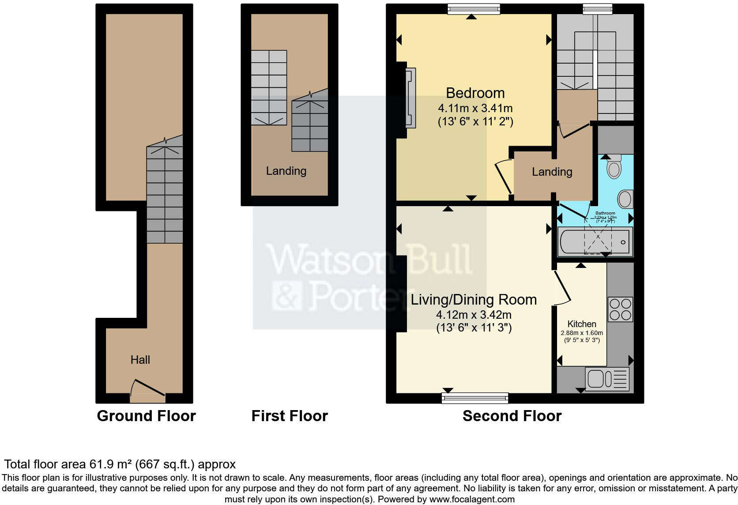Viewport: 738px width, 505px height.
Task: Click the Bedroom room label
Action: click(x=475, y=93)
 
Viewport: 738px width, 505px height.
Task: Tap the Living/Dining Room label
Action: click(x=474, y=300)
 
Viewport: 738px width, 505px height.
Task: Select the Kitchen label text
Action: click(x=582, y=324)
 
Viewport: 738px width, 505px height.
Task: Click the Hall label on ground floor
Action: click(x=140, y=360)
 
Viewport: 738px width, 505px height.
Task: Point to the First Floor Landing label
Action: click(x=286, y=171)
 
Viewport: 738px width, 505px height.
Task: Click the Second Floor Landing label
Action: click(x=552, y=172)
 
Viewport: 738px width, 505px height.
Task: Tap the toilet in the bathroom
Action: click(x=614, y=166)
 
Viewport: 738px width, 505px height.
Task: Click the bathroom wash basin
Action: click(x=625, y=200)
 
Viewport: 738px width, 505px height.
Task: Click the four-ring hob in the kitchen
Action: click(x=620, y=309)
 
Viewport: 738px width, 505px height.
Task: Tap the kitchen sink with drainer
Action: click(x=607, y=379)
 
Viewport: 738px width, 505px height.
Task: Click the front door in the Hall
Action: click(x=148, y=388)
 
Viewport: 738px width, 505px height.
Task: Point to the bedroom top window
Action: click(x=474, y=9)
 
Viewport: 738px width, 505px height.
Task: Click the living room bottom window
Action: click(x=474, y=398)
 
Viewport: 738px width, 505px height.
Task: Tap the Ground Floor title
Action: click(x=146, y=416)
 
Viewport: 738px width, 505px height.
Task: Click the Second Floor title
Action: click(x=512, y=416)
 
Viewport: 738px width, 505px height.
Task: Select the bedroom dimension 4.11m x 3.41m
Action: click(x=475, y=108)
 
